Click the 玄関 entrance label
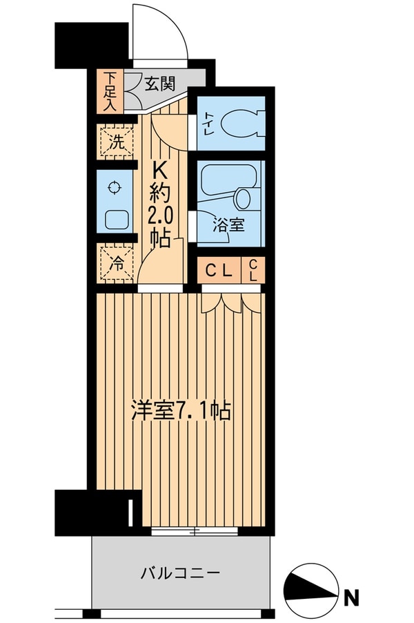(x=159, y=84)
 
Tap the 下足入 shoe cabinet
(x=109, y=90)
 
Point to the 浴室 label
(x=227, y=225)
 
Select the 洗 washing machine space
(x=117, y=144)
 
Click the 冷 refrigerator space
(x=117, y=262)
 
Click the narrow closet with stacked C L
(x=253, y=269)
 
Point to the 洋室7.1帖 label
(x=181, y=410)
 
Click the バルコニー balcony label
(x=180, y=573)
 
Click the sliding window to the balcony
(x=195, y=531)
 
